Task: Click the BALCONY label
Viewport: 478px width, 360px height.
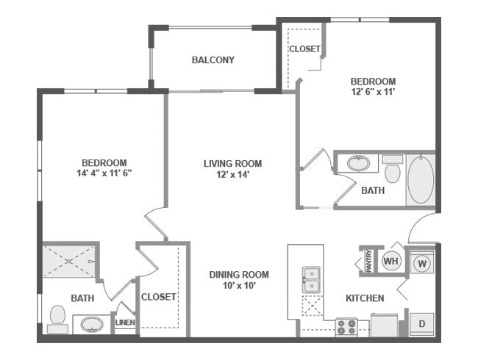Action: [213, 60]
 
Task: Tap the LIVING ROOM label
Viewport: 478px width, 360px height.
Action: [232, 164]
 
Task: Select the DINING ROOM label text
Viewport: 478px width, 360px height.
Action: [239, 275]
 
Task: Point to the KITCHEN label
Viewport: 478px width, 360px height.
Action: [365, 298]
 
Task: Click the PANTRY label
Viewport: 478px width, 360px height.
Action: [368, 261]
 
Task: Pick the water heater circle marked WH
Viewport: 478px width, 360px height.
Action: [390, 261]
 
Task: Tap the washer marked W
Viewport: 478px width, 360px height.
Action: [422, 262]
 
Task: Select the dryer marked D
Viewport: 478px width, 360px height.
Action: [422, 323]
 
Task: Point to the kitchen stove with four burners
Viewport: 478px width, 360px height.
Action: [346, 326]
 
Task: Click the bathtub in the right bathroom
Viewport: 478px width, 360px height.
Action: [420, 179]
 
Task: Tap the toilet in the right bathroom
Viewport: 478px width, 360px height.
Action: [393, 170]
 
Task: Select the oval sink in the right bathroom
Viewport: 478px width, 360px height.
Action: [359, 163]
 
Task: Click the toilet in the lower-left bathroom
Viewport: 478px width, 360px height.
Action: [57, 317]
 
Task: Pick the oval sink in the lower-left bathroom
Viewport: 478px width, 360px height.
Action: [92, 323]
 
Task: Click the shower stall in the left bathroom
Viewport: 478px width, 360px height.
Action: [69, 260]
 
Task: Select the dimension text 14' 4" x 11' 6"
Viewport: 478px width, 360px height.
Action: [104, 173]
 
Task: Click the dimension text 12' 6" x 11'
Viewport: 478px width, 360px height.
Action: [373, 92]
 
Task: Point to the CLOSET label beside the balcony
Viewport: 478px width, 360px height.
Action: [304, 49]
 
